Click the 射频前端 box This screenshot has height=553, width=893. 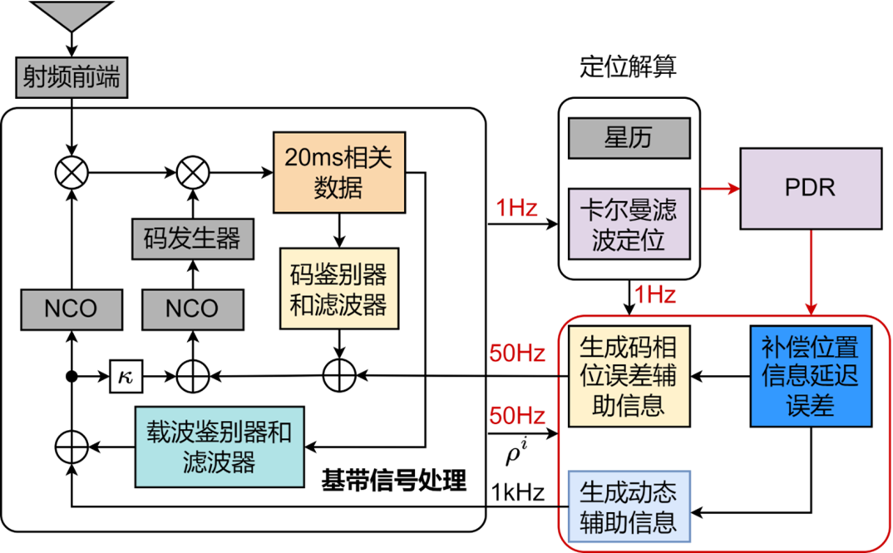tap(72, 78)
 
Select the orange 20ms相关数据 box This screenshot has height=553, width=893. tap(339, 172)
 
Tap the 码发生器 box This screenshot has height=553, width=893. tap(192, 239)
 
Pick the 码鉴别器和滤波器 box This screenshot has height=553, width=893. tap(338, 289)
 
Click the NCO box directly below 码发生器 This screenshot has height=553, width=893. tap(192, 309)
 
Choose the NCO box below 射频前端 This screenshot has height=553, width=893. tap(71, 309)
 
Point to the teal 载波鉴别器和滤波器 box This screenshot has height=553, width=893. tap(220, 447)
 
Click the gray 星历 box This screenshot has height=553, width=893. tap(629, 138)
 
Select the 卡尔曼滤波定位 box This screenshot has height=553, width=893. tap(629, 224)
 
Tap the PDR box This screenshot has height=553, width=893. tap(811, 188)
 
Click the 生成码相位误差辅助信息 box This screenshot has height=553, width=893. tap(629, 376)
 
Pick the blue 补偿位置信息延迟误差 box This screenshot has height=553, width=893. tap(811, 376)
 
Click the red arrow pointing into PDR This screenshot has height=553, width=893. tap(719, 190)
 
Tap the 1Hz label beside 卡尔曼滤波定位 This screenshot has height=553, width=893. tap(516, 209)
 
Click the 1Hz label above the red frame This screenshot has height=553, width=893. tap(654, 294)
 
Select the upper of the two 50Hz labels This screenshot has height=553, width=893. tap(516, 354)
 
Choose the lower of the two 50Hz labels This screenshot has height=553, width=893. tap(516, 416)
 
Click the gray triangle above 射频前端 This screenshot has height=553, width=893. tap(72, 15)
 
